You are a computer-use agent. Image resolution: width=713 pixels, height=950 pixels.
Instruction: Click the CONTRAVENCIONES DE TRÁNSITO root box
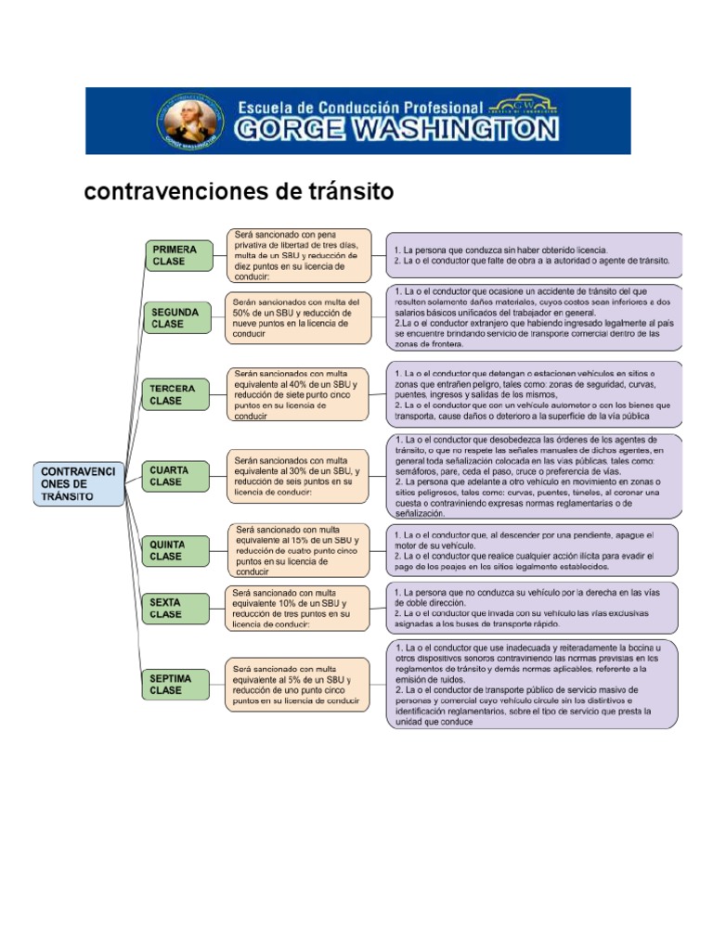(80, 483)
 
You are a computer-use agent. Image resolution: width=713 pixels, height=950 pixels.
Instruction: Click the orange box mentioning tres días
(299, 254)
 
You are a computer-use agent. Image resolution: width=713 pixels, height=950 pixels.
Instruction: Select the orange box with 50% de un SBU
(299, 318)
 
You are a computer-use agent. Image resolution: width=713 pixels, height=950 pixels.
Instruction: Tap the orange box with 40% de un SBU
(299, 394)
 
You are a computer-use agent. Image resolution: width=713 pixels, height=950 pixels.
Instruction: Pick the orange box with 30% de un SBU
(299, 476)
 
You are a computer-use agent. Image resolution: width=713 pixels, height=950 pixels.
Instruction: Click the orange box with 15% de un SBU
(299, 550)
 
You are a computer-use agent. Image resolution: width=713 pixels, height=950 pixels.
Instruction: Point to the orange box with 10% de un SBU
(299, 608)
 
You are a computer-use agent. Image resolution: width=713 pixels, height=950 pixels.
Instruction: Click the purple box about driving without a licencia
(535, 255)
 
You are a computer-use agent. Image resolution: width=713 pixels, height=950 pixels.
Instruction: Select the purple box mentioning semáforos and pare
(535, 475)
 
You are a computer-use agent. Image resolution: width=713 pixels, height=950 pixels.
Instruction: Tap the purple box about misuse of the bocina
(535, 684)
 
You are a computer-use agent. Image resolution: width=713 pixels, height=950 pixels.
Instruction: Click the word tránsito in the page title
(347, 192)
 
